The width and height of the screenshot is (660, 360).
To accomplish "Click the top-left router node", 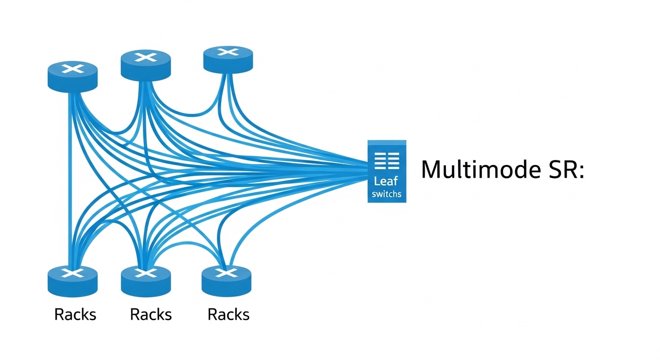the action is point(73,76).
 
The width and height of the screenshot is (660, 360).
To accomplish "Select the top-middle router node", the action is point(146,65).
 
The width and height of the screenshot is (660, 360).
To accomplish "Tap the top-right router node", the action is point(228,59).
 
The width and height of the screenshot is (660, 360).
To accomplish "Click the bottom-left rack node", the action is point(73,281).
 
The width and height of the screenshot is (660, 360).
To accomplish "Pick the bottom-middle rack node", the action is point(146,281).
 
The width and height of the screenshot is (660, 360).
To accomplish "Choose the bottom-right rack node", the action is point(226,281).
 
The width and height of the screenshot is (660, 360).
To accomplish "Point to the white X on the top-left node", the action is point(73,69).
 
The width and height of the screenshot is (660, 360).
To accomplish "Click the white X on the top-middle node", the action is point(146,57).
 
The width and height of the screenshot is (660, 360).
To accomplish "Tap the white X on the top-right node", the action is point(228,52).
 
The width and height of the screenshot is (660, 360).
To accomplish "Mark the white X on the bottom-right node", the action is point(226,272).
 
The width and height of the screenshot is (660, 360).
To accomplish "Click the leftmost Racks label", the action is point(75,315).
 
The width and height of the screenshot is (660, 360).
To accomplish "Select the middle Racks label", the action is point(151,315).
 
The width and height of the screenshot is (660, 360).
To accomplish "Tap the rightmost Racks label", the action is point(228,315).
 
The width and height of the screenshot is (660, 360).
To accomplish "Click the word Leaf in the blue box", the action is point(386,181).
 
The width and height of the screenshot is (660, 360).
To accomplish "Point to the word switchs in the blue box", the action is point(387,194).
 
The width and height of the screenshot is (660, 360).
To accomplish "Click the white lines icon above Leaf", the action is point(387,161).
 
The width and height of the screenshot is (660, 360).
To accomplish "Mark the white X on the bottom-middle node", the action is point(146,273).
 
